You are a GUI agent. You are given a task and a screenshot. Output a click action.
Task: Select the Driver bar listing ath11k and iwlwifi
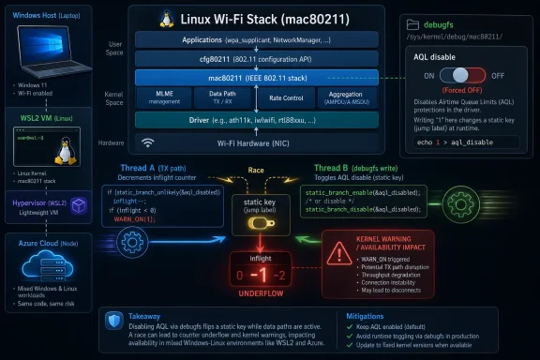coord(256,120)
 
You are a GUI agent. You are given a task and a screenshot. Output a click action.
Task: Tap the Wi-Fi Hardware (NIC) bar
coord(256,143)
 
